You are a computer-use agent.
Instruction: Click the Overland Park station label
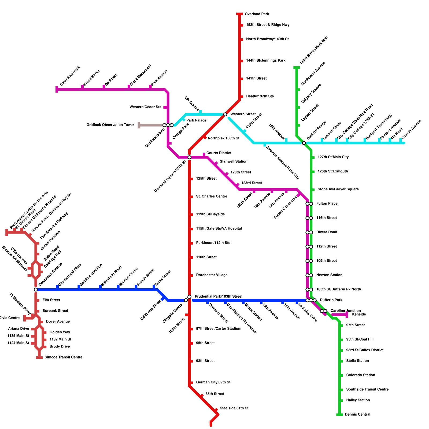[257, 14]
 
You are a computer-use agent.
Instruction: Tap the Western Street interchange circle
[225, 114]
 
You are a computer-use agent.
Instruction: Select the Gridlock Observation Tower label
[110, 125]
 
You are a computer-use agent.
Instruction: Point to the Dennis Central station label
[358, 415]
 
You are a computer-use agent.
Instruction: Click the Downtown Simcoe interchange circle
[36, 290]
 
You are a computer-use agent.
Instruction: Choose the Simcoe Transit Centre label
[64, 357]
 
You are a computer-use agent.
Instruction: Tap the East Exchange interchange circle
[304, 143]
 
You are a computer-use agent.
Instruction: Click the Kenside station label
[359, 315]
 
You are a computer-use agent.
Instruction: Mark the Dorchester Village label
[212, 275]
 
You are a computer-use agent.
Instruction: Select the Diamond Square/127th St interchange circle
[189, 157]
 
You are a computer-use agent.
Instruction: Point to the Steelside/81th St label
[234, 408]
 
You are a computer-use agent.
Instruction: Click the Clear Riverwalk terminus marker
[57, 89]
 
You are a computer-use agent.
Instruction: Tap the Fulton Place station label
[327, 204]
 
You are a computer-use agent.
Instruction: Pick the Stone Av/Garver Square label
[338, 189]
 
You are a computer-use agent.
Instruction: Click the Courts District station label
[219, 153]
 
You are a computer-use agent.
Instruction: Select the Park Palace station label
[197, 120]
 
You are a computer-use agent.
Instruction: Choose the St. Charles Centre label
[212, 197]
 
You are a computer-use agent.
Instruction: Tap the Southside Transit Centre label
[367, 390]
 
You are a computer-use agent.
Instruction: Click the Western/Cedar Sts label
[146, 107]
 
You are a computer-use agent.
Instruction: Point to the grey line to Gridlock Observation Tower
[151, 125]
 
